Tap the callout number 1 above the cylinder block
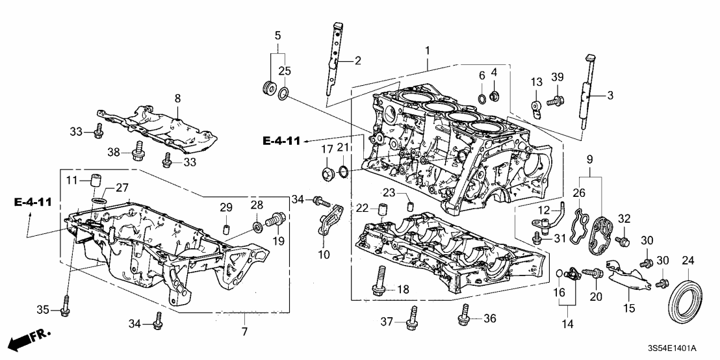(427, 51)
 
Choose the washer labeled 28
(258, 225)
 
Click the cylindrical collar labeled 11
(96, 180)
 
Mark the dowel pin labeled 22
(383, 211)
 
